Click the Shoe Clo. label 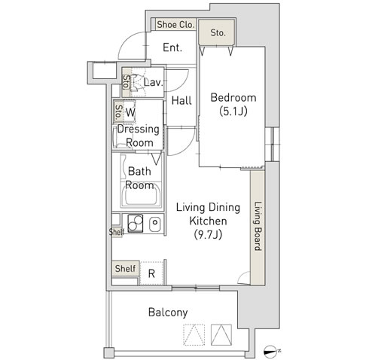pyautogui.click(x=175, y=25)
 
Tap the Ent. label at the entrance pyautogui.click(x=172, y=47)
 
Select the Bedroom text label pyautogui.click(x=233, y=98)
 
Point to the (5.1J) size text pyautogui.click(x=233, y=111)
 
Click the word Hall pyautogui.click(x=181, y=101)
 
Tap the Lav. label pyautogui.click(x=154, y=82)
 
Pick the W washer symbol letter pyautogui.click(x=130, y=112)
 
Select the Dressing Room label pyautogui.click(x=139, y=136)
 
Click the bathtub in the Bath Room pyautogui.click(x=141, y=195)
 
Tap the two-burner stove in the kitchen pyautogui.click(x=136, y=223)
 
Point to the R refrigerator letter pyautogui.click(x=151, y=273)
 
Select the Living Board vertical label pyautogui.click(x=258, y=226)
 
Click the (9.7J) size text pyautogui.click(x=209, y=235)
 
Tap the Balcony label pyautogui.click(x=168, y=313)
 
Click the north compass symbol pyautogui.click(x=270, y=351)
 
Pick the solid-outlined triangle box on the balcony pyautogui.click(x=221, y=334)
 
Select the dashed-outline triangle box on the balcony pyautogui.click(x=194, y=334)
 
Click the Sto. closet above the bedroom pyautogui.click(x=217, y=33)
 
